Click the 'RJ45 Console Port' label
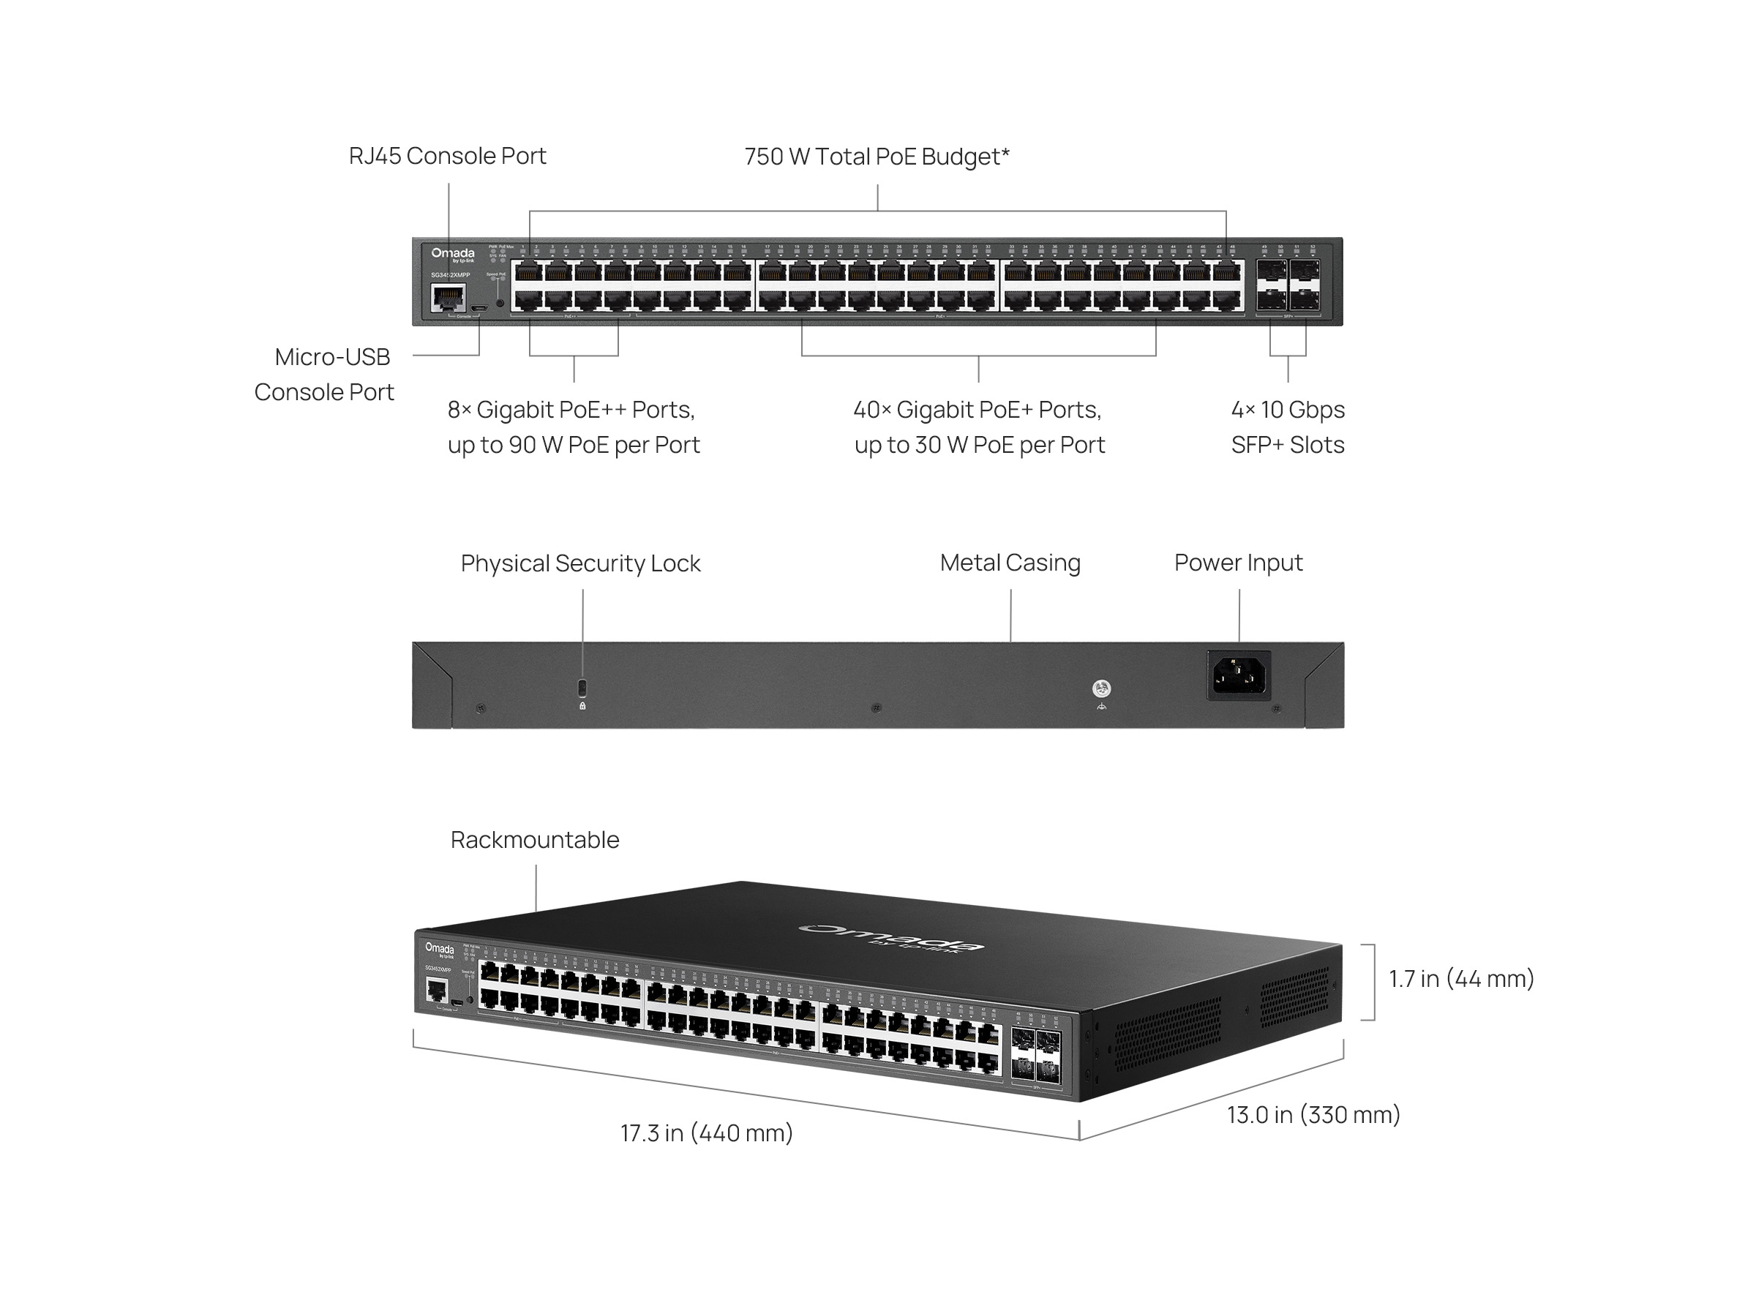(x=446, y=157)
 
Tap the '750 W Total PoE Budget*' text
(x=876, y=157)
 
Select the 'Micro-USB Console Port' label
(x=325, y=374)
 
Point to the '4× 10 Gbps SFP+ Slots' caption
(x=1287, y=427)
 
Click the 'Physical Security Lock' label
(x=579, y=563)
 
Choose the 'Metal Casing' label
(x=1009, y=563)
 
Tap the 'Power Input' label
(x=1237, y=563)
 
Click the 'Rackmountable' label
(x=534, y=840)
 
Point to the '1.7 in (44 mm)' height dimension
(x=1460, y=979)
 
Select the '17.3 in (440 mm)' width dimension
(x=706, y=1133)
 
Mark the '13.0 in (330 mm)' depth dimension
(x=1313, y=1115)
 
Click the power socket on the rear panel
(x=1237, y=676)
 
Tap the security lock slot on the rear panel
(x=581, y=688)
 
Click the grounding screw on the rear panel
(x=1100, y=688)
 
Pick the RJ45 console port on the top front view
(x=447, y=298)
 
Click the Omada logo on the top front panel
(x=452, y=254)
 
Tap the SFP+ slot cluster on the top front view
(x=1288, y=285)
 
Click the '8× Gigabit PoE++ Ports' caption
(x=573, y=427)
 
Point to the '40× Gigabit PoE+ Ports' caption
(x=978, y=427)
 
